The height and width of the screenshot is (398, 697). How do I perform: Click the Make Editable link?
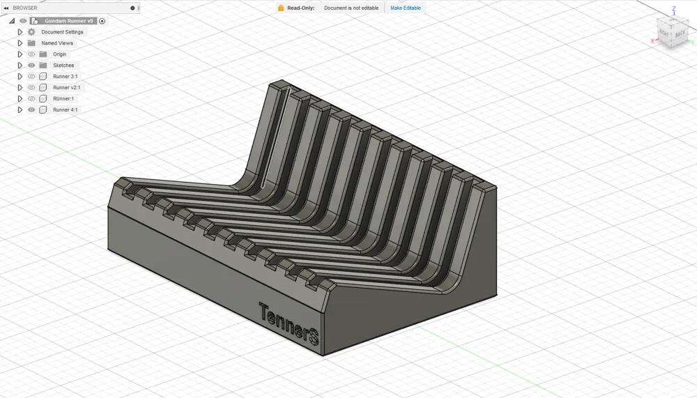coord(405,8)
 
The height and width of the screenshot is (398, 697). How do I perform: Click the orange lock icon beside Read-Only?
coord(281,8)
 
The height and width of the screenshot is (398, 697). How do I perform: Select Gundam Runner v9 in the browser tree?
coord(68,21)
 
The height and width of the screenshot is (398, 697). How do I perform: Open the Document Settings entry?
coord(62,32)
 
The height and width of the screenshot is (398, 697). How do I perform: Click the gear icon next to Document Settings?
coord(31,32)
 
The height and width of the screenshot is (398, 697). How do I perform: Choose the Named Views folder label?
coord(57,43)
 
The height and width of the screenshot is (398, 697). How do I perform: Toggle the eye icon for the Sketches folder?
coord(31,66)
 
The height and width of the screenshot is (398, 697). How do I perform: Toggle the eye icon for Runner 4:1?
coord(31,110)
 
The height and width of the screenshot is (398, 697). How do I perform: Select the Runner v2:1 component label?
coord(66,88)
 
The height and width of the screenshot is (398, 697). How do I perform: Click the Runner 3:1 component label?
coord(65,77)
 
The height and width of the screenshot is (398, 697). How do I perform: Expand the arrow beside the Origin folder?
coord(20,54)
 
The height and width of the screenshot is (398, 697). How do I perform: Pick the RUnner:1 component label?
coord(63,99)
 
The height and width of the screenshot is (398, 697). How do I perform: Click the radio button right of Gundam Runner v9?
coord(102,21)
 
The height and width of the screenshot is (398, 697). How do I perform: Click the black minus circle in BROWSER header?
coord(132,8)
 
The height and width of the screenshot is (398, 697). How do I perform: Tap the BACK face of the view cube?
coord(680,33)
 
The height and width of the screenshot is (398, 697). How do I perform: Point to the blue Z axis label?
coord(673,9)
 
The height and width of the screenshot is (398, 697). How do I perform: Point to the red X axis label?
coord(652,41)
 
